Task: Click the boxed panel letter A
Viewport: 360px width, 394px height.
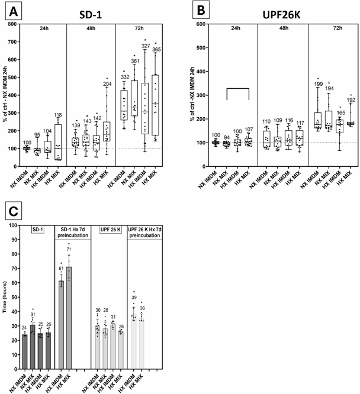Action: pyautogui.click(x=10, y=11)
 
